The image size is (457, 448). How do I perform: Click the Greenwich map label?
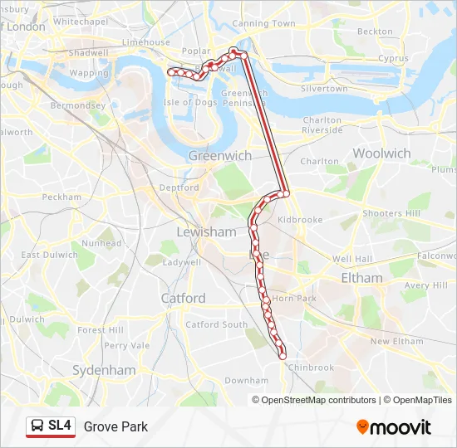[219, 155]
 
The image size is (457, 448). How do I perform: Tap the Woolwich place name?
[381, 153]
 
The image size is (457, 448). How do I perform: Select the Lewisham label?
[205, 232]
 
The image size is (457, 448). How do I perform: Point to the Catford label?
[183, 298]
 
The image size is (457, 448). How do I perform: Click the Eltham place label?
[361, 278]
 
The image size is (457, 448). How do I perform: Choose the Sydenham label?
[104, 370]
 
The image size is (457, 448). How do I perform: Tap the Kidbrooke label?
[299, 220]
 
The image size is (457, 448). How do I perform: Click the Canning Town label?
[263, 24]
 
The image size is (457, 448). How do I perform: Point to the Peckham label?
[62, 197]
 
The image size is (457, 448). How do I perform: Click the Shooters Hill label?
[391, 213]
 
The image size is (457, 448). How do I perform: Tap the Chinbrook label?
[310, 368]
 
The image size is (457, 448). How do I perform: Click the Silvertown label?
[324, 88]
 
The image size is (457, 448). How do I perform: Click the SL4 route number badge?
[60, 426]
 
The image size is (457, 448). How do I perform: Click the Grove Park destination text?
[115, 426]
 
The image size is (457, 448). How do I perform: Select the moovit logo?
[394, 427]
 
